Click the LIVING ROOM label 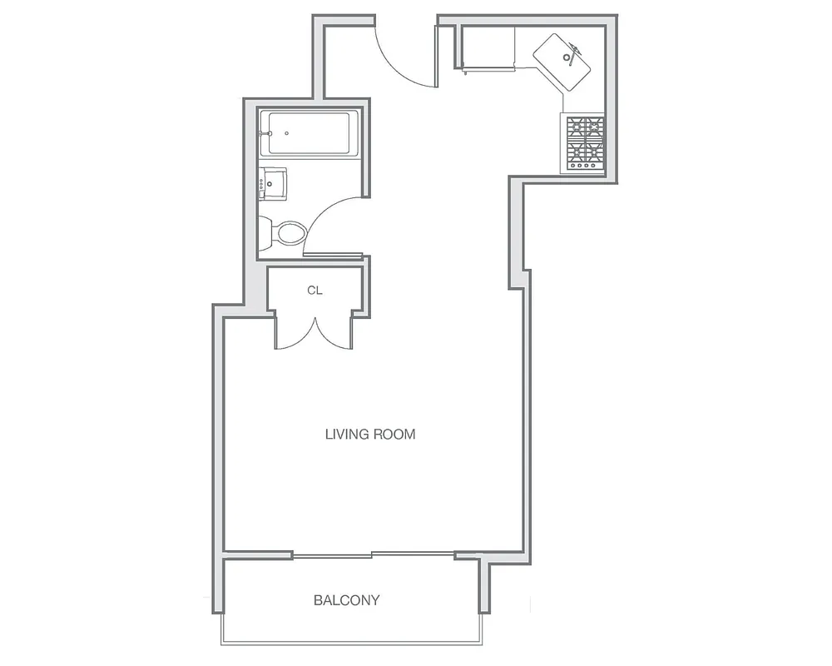tap(369, 434)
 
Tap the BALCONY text tap(346, 599)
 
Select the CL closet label tap(314, 291)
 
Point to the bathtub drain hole tap(286, 133)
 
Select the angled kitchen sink tap(563, 62)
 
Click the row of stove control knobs tap(585, 166)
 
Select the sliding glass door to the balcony tap(372, 554)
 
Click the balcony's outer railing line tap(350, 643)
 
